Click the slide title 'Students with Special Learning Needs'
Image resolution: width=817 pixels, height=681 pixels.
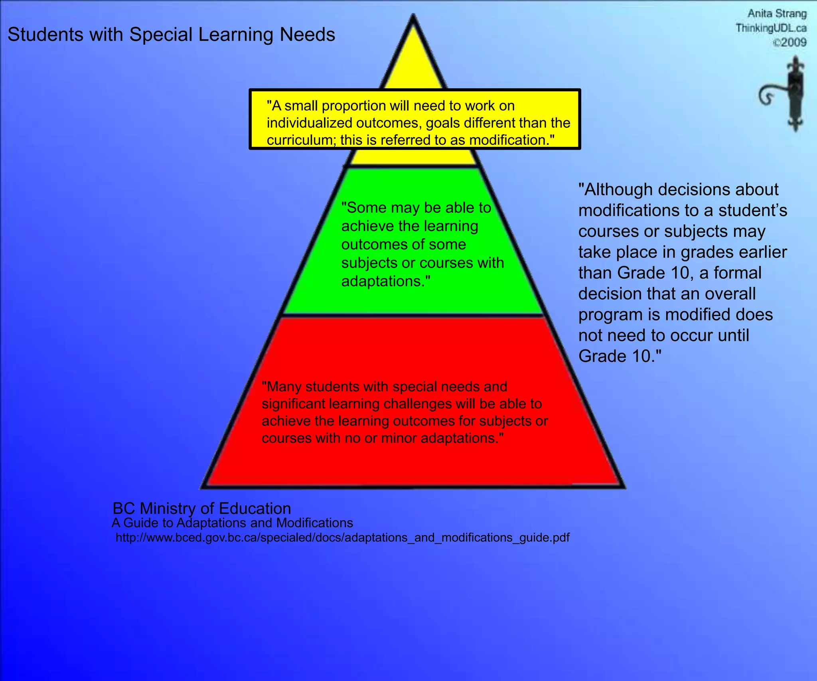[171, 35]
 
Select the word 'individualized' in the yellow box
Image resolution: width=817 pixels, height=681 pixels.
[309, 123]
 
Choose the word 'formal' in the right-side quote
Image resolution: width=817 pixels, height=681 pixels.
[738, 273]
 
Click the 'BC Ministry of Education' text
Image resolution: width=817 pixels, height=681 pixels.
[202, 508]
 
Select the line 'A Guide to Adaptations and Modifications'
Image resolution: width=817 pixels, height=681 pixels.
[233, 523]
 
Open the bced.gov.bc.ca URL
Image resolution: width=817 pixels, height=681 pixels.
[342, 538]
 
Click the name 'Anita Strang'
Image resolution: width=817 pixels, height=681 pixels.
[777, 14]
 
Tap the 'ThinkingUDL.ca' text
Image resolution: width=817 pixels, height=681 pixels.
[771, 28]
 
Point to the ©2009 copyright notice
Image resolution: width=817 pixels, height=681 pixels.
[789, 42]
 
